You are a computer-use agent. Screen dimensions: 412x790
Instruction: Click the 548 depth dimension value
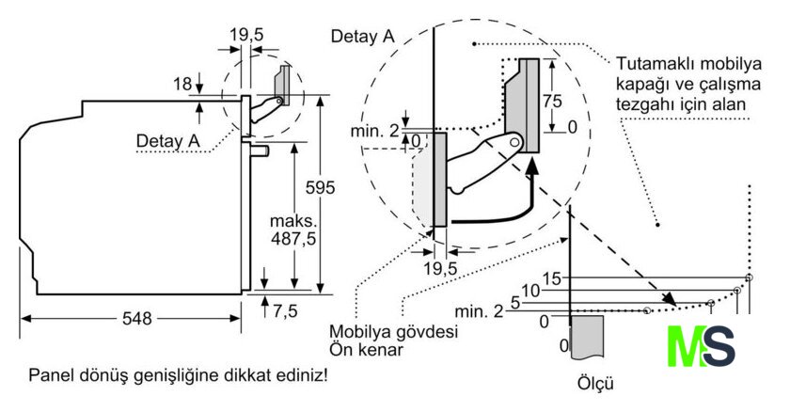point(136,319)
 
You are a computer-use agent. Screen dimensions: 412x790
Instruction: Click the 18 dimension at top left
point(182,84)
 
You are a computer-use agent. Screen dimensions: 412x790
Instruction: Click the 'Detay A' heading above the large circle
point(362,37)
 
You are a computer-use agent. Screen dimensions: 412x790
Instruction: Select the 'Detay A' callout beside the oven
point(168,141)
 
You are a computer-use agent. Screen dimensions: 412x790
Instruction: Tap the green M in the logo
point(684,346)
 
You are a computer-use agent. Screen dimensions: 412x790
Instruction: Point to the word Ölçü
point(594,384)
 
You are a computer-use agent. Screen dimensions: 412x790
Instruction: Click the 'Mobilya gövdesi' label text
point(379,332)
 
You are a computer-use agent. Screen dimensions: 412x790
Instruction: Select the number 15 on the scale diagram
point(552,277)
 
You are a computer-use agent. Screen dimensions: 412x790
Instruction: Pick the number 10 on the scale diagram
point(530,291)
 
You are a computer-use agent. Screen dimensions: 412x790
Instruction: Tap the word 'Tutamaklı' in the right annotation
point(656,66)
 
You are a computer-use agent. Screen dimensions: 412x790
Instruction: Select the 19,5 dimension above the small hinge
point(246,34)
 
